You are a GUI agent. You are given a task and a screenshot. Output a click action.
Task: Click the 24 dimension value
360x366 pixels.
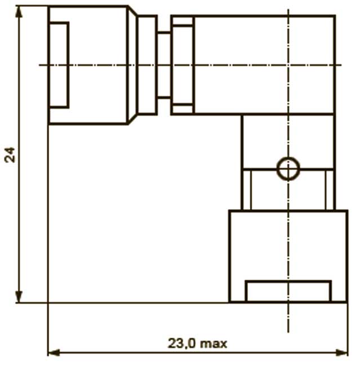10,155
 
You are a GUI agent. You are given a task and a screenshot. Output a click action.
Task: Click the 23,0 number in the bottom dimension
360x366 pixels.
182,343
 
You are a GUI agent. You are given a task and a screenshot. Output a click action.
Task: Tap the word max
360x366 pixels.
214,344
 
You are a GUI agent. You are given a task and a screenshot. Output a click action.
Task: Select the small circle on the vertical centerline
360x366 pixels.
288,169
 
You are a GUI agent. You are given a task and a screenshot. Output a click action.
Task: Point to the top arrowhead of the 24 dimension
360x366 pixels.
19,12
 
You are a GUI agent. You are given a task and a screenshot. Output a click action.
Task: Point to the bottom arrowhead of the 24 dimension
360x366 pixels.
19,297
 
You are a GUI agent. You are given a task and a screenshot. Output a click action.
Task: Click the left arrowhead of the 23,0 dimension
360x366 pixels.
54,352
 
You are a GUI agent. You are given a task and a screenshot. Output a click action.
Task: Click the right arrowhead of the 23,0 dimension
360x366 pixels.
341,352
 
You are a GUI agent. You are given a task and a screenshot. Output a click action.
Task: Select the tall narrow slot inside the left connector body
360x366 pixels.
59,65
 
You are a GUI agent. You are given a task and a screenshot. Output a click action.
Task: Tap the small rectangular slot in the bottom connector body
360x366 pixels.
288,292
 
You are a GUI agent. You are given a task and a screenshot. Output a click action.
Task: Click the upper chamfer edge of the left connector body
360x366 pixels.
132,11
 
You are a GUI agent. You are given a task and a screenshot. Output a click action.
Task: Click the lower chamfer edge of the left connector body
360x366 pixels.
132,119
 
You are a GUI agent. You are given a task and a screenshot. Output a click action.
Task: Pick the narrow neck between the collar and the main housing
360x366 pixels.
164,65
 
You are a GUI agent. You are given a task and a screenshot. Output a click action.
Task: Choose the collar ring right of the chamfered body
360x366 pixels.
148,65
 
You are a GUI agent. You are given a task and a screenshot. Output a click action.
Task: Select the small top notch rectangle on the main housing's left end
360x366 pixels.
183,21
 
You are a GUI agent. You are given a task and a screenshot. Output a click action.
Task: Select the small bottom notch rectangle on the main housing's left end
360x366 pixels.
183,109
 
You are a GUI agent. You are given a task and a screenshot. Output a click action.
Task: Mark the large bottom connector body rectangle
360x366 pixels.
288,256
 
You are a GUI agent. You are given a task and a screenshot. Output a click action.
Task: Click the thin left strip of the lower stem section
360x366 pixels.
247,189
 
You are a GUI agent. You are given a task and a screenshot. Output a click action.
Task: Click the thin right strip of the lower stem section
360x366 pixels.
330,189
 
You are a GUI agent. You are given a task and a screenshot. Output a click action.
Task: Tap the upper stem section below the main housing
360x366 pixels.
288,142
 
